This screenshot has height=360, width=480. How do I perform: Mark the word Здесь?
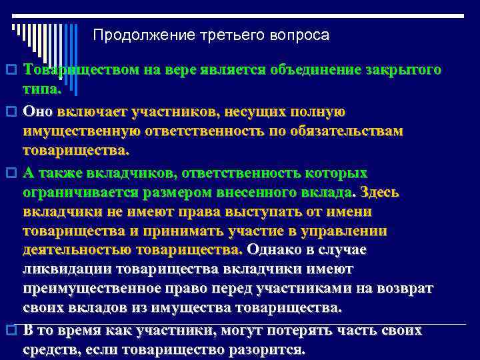pos(380,193)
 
